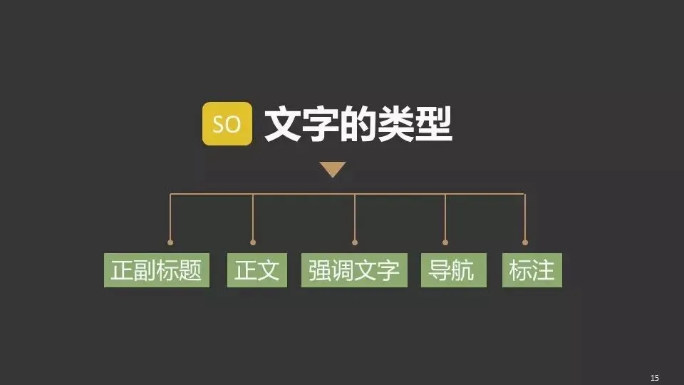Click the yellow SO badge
(227, 124)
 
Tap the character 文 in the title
(283, 125)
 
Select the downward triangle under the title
(332, 169)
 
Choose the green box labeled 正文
(256, 270)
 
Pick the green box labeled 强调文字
(354, 270)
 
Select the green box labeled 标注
(532, 270)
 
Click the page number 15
(655, 377)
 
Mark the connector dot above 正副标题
(170, 242)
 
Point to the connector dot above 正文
(253, 242)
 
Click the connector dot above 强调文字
(355, 242)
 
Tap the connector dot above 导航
(445, 242)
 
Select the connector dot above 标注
(525, 242)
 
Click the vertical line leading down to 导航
(445, 217)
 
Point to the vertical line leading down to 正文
(253, 217)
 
